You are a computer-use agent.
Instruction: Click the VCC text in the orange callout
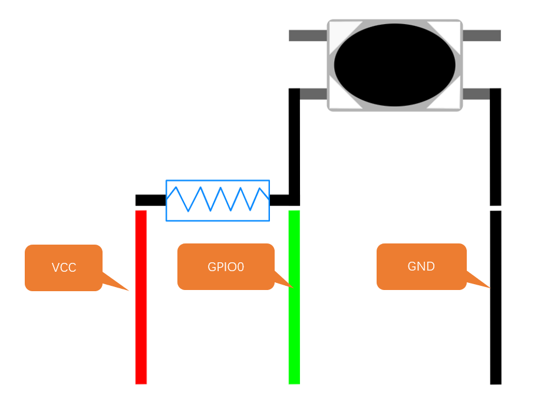click(64, 268)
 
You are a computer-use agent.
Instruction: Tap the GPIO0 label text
click(226, 266)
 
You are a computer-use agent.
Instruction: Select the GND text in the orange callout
click(421, 266)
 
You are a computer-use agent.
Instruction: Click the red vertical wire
click(141, 297)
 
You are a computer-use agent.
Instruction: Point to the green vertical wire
click(294, 297)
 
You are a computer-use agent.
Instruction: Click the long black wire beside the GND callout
click(496, 298)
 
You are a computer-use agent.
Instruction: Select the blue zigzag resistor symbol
click(217, 200)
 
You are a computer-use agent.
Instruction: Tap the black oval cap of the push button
click(395, 65)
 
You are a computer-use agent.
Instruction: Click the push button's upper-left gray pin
click(308, 35)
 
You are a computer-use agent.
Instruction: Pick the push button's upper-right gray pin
click(482, 35)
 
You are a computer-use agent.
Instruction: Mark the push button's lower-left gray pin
click(314, 94)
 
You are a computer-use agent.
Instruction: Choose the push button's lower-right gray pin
click(476, 94)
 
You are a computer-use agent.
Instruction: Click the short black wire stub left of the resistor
click(150, 200)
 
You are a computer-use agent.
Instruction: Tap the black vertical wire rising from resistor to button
click(294, 147)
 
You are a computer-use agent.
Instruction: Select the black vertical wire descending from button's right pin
click(495, 147)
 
